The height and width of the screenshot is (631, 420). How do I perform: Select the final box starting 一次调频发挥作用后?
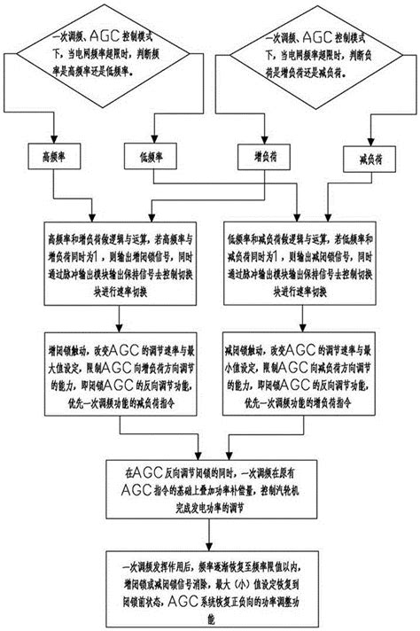(211, 580)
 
